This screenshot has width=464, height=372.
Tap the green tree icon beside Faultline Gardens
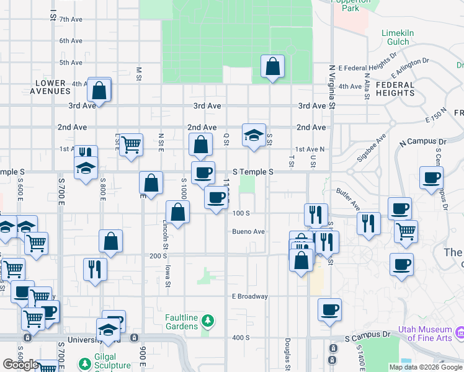tap(209, 321)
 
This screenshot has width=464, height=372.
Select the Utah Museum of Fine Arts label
tap(425, 334)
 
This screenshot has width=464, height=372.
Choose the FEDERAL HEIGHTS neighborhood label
tap(395, 89)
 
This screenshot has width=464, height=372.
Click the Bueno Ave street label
tap(249, 232)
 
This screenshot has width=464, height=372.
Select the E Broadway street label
tap(250, 296)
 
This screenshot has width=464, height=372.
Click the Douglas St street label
tap(287, 353)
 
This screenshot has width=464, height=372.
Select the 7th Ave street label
tap(71, 20)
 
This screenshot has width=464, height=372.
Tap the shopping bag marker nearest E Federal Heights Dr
tap(272, 66)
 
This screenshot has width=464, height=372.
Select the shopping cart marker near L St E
tap(131, 146)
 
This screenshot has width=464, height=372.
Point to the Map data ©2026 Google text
tap(426, 367)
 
